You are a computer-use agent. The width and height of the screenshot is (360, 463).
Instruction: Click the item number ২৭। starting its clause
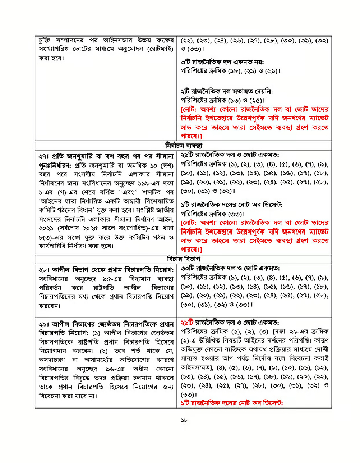[44, 155]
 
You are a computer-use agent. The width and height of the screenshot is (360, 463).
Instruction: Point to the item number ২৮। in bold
[44, 268]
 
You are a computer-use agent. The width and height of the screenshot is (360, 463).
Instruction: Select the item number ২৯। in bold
[44, 321]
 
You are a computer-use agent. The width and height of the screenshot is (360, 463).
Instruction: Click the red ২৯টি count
[189, 321]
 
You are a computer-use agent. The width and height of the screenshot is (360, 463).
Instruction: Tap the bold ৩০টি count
[189, 268]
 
